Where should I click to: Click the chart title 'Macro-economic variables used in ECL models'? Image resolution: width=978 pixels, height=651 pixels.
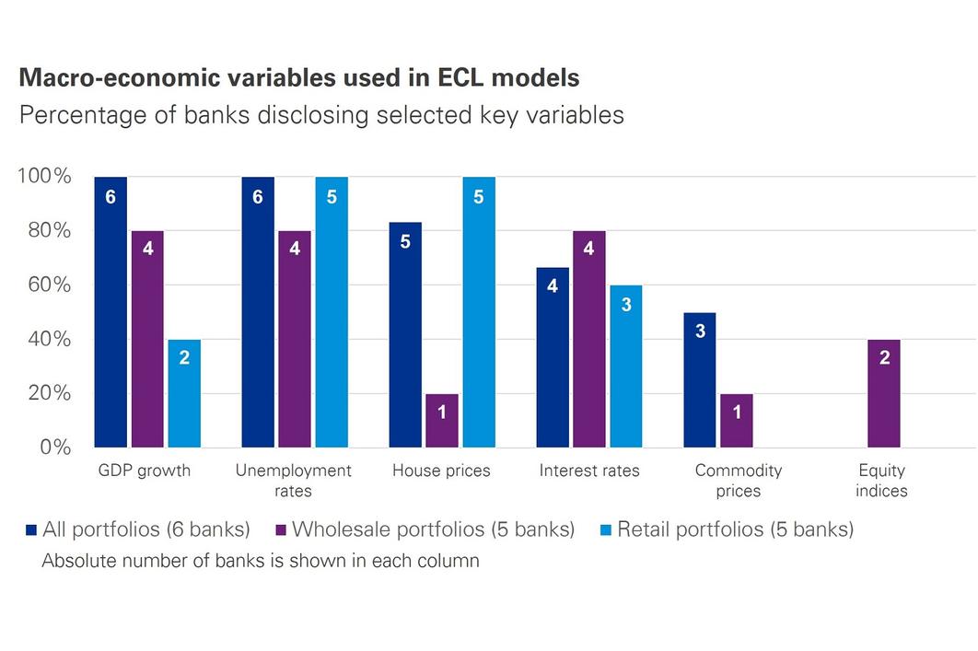coord(299,78)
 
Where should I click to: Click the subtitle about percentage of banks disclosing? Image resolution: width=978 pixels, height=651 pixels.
coord(321,115)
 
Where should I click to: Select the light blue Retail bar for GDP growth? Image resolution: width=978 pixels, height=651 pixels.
coord(184,393)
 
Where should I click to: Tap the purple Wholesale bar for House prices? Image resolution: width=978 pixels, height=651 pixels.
coord(442,421)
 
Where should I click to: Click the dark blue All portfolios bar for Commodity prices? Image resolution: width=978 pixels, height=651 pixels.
coord(700,380)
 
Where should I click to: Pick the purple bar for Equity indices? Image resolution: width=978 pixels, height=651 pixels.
coord(884,393)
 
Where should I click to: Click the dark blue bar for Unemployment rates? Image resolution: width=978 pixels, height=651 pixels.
coord(258,312)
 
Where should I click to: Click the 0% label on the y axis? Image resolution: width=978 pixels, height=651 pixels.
coord(53,448)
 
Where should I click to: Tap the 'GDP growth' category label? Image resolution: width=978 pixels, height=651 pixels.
coord(145,471)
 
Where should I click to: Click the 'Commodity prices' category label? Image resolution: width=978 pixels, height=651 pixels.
coord(739,481)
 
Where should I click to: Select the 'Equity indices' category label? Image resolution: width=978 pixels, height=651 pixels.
coord(881,481)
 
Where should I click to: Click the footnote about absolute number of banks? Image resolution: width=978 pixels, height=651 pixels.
coord(261,560)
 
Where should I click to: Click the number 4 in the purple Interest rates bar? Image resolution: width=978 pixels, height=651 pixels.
coord(589,249)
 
